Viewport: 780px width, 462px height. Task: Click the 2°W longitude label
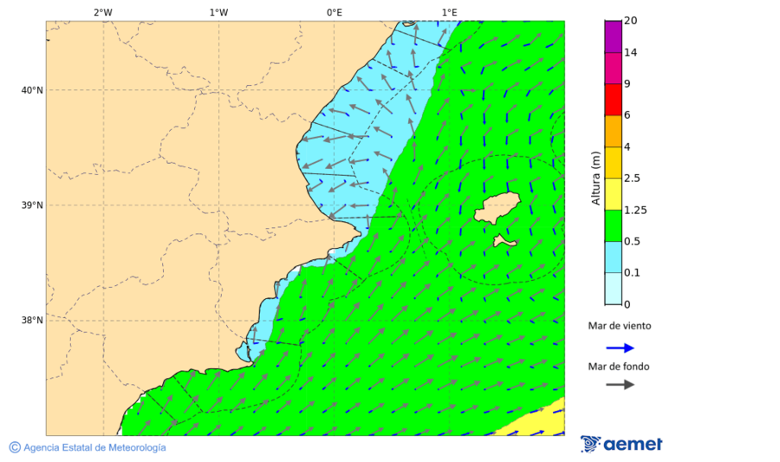[x=102, y=12]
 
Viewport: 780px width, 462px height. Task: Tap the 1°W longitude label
[x=218, y=12]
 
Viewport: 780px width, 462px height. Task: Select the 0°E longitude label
[x=334, y=12]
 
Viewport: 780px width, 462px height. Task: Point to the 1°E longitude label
[x=449, y=12]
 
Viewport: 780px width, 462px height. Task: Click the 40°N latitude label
[x=32, y=90]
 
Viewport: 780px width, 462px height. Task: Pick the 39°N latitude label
[x=32, y=205]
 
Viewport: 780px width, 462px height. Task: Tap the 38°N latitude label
[x=32, y=321]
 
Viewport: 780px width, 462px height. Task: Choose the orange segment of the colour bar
[x=613, y=131]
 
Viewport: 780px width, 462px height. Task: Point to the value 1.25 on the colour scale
[x=636, y=210]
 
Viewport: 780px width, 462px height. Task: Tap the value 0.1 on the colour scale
[x=630, y=273]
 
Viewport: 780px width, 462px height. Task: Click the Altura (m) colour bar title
[x=595, y=179]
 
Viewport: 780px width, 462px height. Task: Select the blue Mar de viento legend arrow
[x=620, y=348]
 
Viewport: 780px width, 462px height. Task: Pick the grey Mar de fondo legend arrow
[x=620, y=385]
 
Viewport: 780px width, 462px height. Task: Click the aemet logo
[x=621, y=444]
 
